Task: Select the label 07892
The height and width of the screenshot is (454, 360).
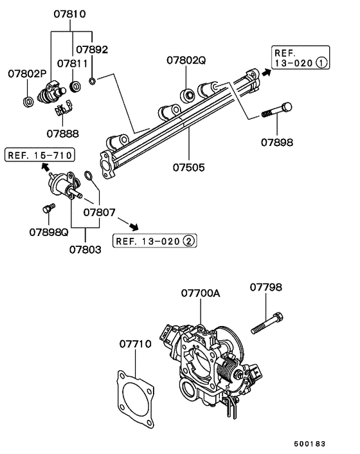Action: click(91, 49)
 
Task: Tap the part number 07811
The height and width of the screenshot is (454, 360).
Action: click(71, 64)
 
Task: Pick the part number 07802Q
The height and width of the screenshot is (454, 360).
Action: click(186, 61)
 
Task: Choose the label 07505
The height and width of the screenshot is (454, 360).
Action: click(188, 168)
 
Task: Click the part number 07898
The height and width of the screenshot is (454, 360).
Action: click(278, 141)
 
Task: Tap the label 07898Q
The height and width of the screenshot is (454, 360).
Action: click(48, 232)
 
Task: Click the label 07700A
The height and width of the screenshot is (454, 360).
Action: click(200, 293)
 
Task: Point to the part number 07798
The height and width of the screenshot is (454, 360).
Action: click(266, 287)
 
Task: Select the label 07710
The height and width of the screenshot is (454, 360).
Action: click(135, 344)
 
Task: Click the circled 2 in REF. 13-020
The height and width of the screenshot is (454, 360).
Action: click(188, 241)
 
